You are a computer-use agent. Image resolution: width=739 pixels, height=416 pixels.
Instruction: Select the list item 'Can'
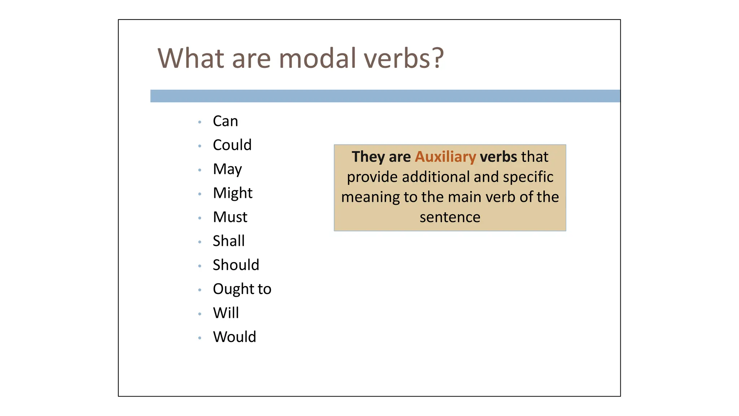point(225,121)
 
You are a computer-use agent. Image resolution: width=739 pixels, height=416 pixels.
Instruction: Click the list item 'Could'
point(232,145)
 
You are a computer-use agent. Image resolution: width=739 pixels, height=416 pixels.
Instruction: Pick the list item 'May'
point(227,169)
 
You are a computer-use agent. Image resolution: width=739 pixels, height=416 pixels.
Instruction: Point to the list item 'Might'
point(232,193)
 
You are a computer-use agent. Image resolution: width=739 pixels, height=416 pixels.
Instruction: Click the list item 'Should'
point(236,265)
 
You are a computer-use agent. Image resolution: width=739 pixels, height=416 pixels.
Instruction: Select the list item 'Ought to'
point(242,289)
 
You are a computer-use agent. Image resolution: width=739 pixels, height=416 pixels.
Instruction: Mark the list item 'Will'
point(226,313)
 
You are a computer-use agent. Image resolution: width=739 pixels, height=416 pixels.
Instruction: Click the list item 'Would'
point(234,337)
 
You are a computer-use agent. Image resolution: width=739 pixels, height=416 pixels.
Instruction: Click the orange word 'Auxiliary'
point(445,157)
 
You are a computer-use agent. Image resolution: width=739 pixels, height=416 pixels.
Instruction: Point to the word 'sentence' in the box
point(450,217)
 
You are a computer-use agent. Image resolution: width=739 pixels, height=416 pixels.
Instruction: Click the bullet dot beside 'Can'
point(200,122)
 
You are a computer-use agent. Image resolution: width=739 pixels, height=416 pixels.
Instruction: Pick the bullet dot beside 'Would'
point(200,338)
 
